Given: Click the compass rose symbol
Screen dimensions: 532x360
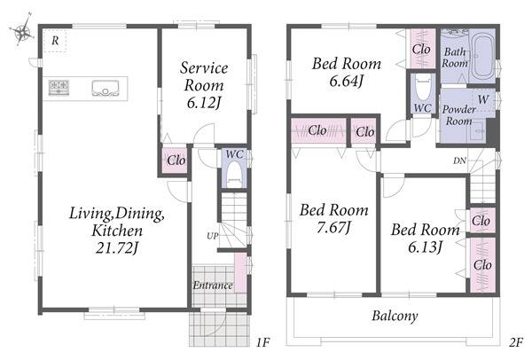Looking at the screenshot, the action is tap(22, 31).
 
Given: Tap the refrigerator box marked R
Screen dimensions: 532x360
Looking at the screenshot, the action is tap(55, 41).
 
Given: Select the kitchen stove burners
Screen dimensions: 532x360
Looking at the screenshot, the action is tap(59, 87).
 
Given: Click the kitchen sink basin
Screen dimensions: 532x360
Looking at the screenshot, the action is tap(106, 88).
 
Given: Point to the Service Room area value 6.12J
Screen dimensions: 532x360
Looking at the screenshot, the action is tap(204, 103).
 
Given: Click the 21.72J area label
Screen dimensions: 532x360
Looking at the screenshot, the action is tap(117, 248).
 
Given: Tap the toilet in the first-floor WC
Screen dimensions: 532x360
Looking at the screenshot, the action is tap(234, 174).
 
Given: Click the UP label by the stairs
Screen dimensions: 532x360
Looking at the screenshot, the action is tap(213, 236).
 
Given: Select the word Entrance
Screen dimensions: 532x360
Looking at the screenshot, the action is tap(213, 286).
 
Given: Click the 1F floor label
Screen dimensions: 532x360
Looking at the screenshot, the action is tap(262, 342).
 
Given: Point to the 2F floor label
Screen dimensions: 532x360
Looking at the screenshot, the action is tap(515, 342).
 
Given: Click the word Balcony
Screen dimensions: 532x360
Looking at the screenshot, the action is tap(395, 317).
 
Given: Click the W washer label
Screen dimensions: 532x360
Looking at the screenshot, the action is tap(483, 99).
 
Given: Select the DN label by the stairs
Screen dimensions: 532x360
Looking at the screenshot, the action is tap(459, 160).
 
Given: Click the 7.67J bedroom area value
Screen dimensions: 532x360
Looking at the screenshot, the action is tap(334, 228).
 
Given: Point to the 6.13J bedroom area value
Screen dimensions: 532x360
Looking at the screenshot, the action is tap(425, 247).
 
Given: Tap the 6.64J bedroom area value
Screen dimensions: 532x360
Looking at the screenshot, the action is tap(347, 81).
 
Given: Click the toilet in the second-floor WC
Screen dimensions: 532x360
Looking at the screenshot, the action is tap(422, 89).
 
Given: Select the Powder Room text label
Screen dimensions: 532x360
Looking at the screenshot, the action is tap(458, 115).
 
